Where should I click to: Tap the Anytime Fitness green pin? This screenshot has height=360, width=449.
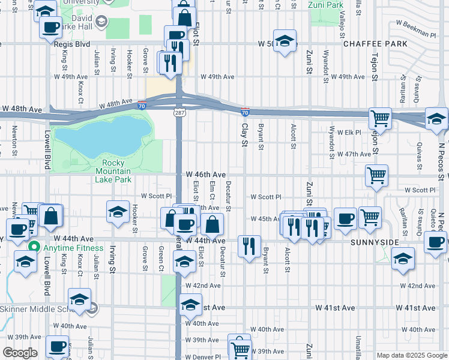tap(35, 247)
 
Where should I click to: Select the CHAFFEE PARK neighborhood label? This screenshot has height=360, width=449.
tap(375, 44)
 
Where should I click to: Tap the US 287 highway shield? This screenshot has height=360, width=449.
tap(179, 112)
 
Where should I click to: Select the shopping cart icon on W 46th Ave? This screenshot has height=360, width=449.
tap(376, 175)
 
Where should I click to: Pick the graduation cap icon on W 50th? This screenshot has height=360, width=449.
tap(285, 40)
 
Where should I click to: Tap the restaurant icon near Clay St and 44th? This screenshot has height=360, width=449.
tap(249, 245)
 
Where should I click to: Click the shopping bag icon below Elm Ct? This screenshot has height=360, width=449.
tap(212, 225)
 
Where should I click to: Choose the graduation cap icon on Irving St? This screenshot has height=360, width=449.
tap(118, 211)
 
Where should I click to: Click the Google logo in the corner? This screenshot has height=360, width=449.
tap(20, 353)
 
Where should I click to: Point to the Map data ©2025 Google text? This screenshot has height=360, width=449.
tap(411, 355)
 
